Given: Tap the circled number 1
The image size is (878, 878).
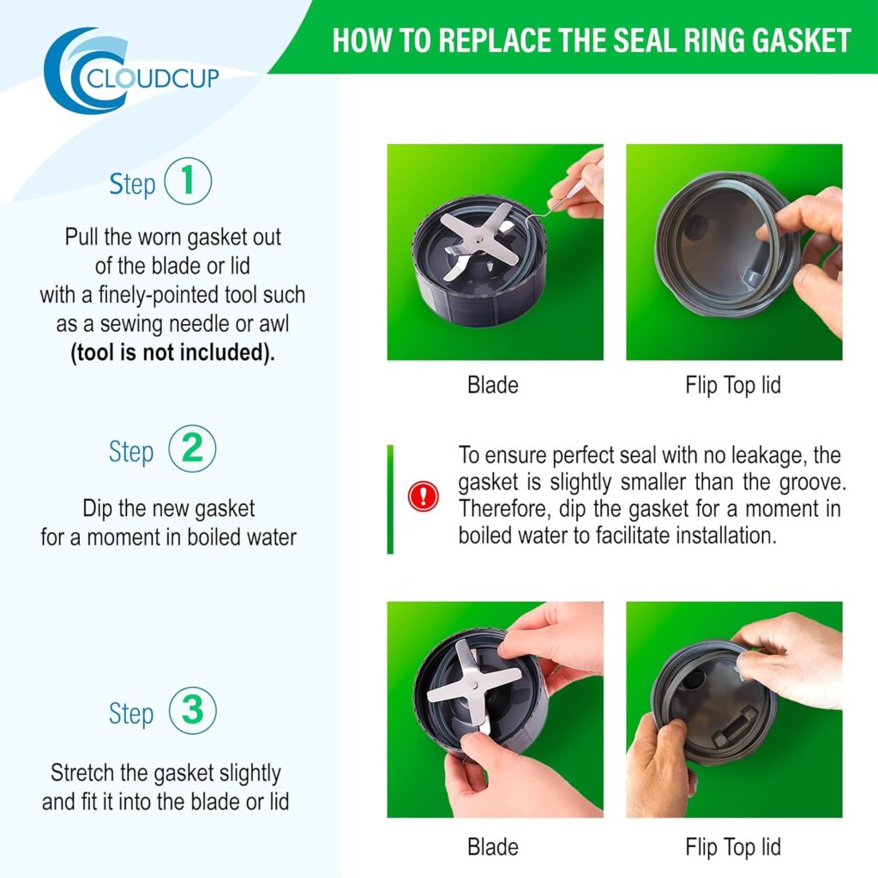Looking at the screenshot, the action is pos(188,181).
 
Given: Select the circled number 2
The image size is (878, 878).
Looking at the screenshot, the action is pos(192,448).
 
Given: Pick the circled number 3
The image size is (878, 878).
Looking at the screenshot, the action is pos(193,710).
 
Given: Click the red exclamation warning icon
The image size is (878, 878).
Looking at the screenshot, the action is pos(423,496).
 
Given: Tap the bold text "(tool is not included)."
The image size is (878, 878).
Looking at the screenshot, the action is pos(172,352).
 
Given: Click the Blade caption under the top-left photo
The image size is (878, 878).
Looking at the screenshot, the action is pos(493,385).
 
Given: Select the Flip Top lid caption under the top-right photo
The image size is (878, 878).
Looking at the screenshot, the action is pos(733,386).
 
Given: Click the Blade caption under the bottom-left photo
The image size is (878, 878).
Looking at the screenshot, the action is pos(493,847).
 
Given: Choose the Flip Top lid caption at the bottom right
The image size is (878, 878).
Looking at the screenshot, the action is pos(733,848).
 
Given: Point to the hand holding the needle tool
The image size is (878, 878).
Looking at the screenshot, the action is pos(578,185).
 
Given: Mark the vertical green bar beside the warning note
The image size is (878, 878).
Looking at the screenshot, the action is pos(390,500).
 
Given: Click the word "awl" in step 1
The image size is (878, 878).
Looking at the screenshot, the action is pos(274,324).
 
